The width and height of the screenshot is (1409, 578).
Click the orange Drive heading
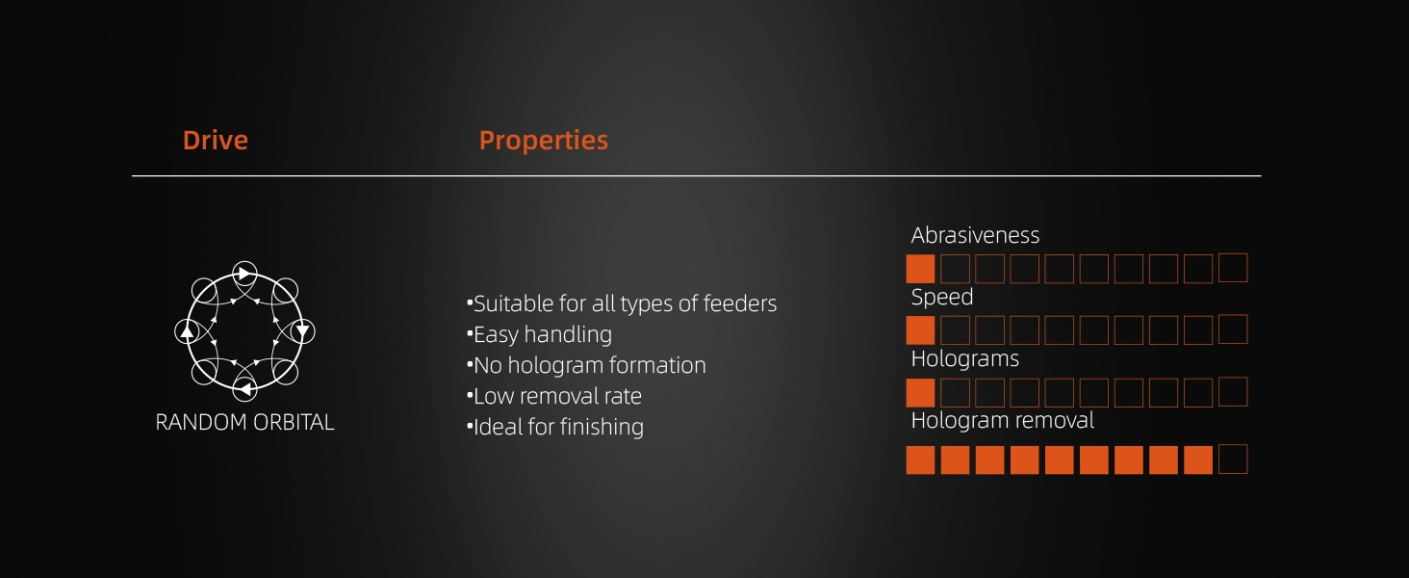click(216, 140)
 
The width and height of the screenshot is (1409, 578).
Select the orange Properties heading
click(544, 140)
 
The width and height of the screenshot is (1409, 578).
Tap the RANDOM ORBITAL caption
click(244, 422)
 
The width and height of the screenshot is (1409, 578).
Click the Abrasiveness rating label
click(975, 235)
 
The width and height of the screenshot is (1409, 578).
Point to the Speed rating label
click(941, 297)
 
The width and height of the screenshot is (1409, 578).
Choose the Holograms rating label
click(965, 359)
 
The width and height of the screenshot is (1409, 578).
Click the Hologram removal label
click(1003, 420)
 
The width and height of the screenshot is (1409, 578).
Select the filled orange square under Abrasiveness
click(920, 269)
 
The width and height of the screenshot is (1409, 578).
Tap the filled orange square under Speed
click(920, 330)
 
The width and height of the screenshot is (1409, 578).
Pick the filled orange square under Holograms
click(920, 393)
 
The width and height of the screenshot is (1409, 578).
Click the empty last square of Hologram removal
click(1233, 459)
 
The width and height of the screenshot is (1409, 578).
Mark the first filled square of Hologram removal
click(920, 460)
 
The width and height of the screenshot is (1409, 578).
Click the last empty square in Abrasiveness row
click(1233, 268)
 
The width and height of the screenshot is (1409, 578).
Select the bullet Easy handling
click(540, 334)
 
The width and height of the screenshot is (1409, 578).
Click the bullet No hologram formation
click(586, 365)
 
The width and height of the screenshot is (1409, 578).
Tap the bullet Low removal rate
click(554, 396)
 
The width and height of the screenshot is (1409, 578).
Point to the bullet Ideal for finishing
click(555, 427)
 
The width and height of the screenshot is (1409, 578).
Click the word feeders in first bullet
click(740, 303)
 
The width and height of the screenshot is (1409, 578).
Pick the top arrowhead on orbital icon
click(245, 274)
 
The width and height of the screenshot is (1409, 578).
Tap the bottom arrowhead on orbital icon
click(245, 390)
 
